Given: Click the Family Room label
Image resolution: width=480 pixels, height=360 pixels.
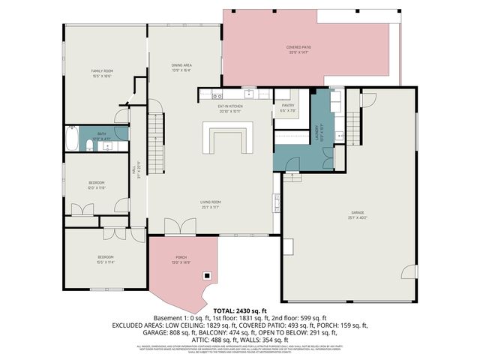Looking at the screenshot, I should point(101,73).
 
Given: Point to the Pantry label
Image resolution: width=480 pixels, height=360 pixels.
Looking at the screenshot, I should point(288,107).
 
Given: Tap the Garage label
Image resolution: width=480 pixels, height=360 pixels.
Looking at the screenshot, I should point(357,215).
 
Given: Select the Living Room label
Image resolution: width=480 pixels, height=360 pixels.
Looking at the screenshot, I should point(209,204).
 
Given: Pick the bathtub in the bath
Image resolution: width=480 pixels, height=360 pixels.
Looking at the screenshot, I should point(72,140).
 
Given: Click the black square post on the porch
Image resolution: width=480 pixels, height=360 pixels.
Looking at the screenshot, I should point(205,277).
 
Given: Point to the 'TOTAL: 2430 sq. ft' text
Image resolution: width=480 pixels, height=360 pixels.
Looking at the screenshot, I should point(239,310).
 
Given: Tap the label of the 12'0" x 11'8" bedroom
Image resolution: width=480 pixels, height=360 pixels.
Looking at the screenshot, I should point(97,184).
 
